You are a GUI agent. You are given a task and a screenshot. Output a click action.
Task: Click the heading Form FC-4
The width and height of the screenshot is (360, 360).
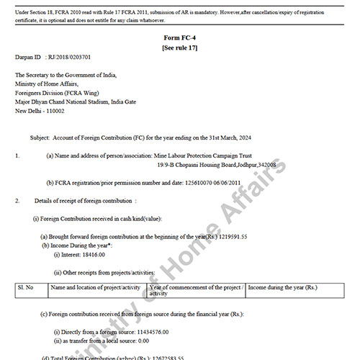pyautogui.click(x=179, y=38)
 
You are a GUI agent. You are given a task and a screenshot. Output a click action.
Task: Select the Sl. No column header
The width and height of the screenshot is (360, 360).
pyautogui.click(x=26, y=287)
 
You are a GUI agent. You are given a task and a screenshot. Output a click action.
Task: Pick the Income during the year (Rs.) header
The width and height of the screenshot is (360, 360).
pyautogui.click(x=282, y=287)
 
